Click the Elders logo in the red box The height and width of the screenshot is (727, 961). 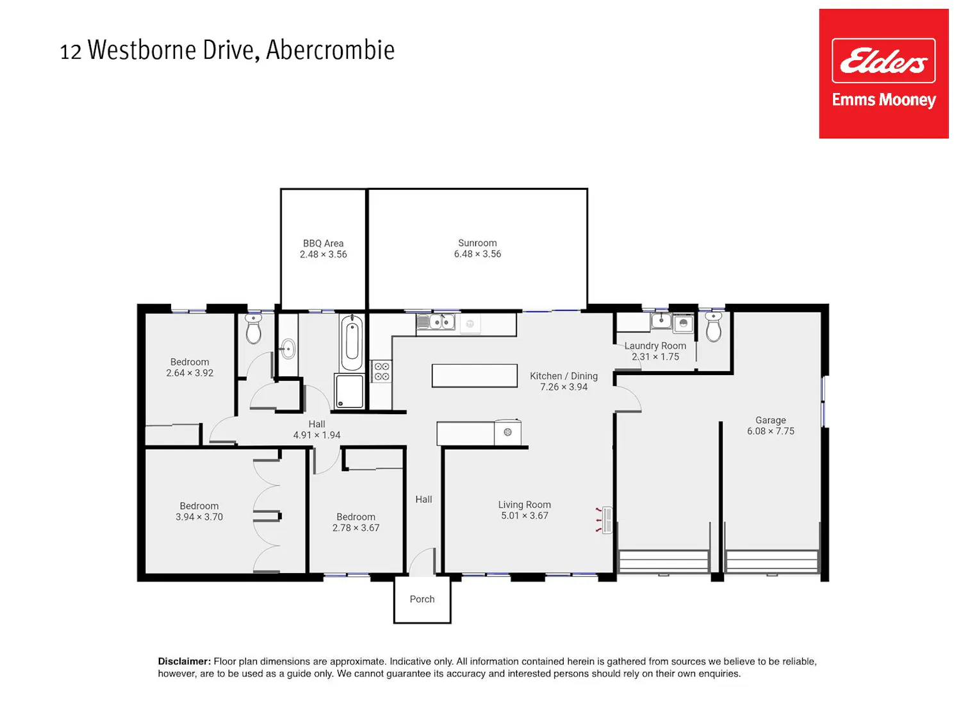point(883,60)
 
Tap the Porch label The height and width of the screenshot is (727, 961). point(422,599)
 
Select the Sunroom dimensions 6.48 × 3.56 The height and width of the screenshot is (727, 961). point(477,254)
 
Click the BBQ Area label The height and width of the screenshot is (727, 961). point(323,244)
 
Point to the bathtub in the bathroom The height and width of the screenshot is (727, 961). point(352,343)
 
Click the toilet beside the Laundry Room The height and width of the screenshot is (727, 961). point(713,327)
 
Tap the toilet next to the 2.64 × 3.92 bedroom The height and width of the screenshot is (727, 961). point(254,328)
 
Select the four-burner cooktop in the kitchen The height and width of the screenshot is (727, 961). point(382,371)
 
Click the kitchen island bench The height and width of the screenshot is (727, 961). point(475,376)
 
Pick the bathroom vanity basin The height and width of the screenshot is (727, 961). point(288,349)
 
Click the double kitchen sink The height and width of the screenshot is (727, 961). point(436,322)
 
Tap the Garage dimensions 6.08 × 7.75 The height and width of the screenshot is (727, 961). point(771,431)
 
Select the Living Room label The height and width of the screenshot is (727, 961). point(524,505)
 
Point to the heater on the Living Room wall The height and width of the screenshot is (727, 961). point(606,520)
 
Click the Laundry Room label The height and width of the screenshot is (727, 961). point(655,346)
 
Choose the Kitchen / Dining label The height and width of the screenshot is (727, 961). point(563,376)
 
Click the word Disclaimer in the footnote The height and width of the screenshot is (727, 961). point(185,662)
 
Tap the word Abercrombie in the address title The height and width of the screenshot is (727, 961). point(331,50)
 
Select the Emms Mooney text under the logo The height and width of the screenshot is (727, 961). point(883,100)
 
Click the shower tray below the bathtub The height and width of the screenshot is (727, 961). point(349,391)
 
